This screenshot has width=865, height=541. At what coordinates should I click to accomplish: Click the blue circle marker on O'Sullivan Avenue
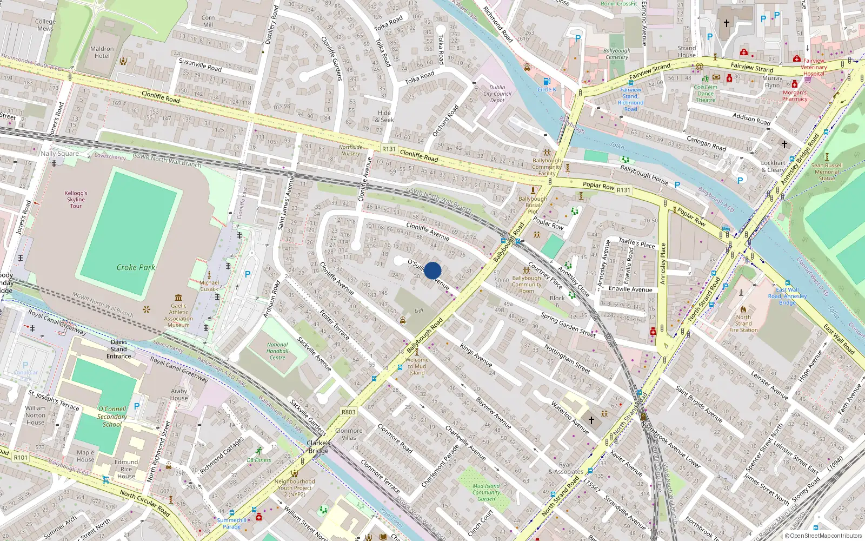[432, 270]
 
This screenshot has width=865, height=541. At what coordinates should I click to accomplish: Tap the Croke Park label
[136, 267]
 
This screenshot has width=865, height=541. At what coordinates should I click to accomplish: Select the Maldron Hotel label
[102, 52]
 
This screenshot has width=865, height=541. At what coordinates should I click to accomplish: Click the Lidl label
[419, 311]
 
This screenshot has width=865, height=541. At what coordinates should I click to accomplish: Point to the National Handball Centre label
[277, 351]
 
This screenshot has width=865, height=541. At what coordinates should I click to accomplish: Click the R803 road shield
[349, 412]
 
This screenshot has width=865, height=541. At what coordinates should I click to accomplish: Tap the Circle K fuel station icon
[546, 82]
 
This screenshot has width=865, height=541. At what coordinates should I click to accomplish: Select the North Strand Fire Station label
[743, 324]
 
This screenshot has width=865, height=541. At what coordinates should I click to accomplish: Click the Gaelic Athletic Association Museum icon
[178, 298]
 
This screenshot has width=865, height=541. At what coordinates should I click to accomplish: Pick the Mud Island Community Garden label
[486, 492]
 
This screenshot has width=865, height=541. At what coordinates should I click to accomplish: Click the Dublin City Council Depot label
[497, 94]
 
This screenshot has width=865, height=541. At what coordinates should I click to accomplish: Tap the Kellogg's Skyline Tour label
[76, 199]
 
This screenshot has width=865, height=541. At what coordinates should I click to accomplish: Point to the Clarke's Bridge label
[318, 447]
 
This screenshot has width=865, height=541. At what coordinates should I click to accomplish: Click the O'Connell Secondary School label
[112, 417]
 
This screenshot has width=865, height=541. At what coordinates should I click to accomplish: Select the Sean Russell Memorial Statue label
[827, 171]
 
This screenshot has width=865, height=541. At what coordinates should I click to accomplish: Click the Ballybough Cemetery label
[617, 54]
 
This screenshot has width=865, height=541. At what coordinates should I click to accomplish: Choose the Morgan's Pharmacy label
[795, 96]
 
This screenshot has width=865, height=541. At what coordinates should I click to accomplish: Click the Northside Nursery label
[350, 150]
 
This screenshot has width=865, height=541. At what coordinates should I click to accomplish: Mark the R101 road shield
[21, 457]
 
